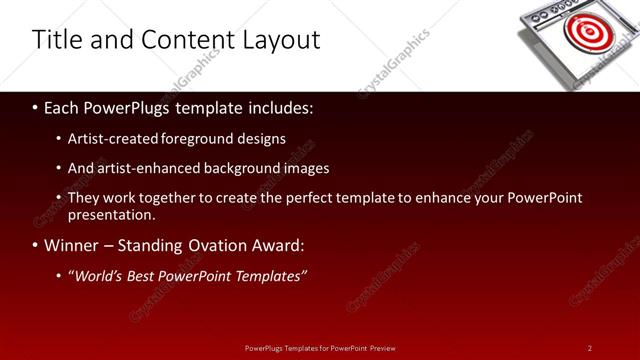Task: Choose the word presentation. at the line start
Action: pos(111,215)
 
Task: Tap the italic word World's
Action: pos(94,276)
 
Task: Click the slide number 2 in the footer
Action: pos(590,348)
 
